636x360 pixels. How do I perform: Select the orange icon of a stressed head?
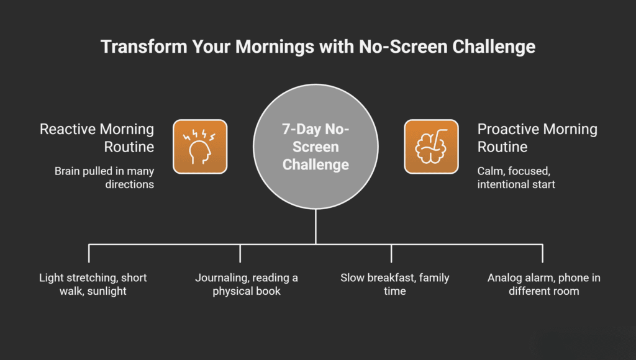point(200,146)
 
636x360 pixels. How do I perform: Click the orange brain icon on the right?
point(431,146)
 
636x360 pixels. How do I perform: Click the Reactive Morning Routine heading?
point(97,138)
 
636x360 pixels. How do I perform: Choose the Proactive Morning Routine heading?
point(537,138)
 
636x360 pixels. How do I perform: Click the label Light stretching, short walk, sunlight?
point(93,284)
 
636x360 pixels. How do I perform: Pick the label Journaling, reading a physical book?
point(247,284)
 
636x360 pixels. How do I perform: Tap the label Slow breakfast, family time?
point(394,284)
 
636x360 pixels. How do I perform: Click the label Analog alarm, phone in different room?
point(543,284)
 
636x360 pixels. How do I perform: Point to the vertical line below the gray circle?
point(316,227)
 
